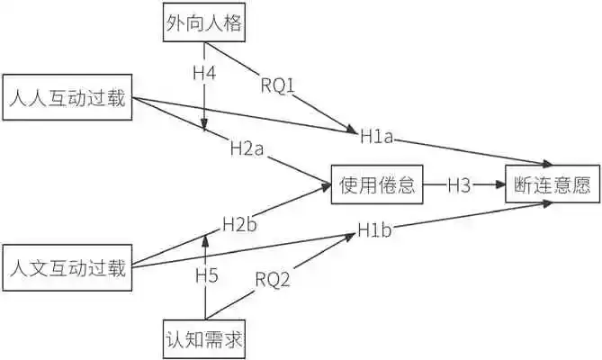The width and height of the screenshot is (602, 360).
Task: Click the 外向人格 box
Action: [204, 24]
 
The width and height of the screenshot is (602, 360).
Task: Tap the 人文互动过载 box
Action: [68, 267]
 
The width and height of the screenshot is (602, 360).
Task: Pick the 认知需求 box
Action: [204, 339]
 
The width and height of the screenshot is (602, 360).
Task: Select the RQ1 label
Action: [277, 85]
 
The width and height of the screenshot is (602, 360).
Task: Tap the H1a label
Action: [375, 137]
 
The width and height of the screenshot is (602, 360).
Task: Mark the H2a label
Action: [245, 149]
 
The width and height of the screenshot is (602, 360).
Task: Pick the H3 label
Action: [459, 184]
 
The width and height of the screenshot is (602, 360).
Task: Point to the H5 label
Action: [206, 276]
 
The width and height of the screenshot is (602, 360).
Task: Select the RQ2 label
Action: [272, 281]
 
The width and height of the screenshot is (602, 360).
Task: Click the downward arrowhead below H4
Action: [206, 127]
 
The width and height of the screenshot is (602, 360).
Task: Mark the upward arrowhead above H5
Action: [206, 239]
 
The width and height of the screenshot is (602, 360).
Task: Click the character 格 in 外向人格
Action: [233, 24]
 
